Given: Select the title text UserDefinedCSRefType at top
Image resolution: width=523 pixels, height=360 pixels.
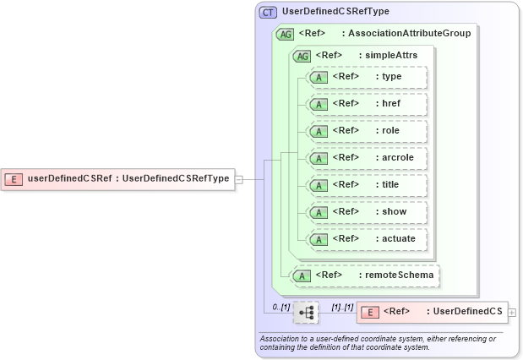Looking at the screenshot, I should point(330,13).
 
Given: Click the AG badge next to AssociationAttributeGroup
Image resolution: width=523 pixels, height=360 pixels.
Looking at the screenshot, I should point(285,34).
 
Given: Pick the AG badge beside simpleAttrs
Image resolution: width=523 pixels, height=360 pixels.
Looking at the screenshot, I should point(301,56).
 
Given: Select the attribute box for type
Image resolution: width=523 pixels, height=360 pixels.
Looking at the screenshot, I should point(368,77).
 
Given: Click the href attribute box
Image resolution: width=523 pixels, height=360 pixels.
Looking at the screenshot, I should point(368,104).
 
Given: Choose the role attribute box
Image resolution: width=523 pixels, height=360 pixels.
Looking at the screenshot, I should point(368,131).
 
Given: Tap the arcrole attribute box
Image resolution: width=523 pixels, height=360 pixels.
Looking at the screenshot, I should point(368,158).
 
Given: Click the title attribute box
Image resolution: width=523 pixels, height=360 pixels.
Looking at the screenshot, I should point(368,185).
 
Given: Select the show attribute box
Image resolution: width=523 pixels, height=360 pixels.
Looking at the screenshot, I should point(368,212).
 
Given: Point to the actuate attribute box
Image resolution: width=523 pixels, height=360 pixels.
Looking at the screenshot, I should point(368,239).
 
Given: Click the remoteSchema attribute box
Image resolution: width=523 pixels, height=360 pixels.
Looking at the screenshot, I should point(365,275).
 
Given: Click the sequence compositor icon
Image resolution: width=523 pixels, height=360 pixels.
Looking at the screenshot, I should point(306,313).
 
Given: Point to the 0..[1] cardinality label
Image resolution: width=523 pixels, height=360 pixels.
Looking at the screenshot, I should point(281,306).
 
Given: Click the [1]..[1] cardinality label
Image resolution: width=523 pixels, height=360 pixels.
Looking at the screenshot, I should point(341,306).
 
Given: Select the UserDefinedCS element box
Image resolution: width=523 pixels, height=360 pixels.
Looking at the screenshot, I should point(432,312).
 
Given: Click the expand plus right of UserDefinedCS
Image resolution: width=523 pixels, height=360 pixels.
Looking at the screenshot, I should point(512,313).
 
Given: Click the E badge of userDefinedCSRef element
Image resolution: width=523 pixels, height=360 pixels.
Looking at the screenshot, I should point(14,178).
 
